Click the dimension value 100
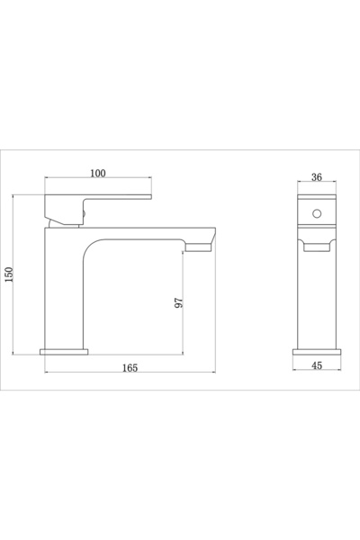click(97, 173)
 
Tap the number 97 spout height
click(178, 303)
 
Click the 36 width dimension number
click(316, 176)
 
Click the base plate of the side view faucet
click(65, 351)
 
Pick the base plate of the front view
click(316, 351)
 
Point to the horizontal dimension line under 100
click(97, 183)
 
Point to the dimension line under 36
click(316, 184)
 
